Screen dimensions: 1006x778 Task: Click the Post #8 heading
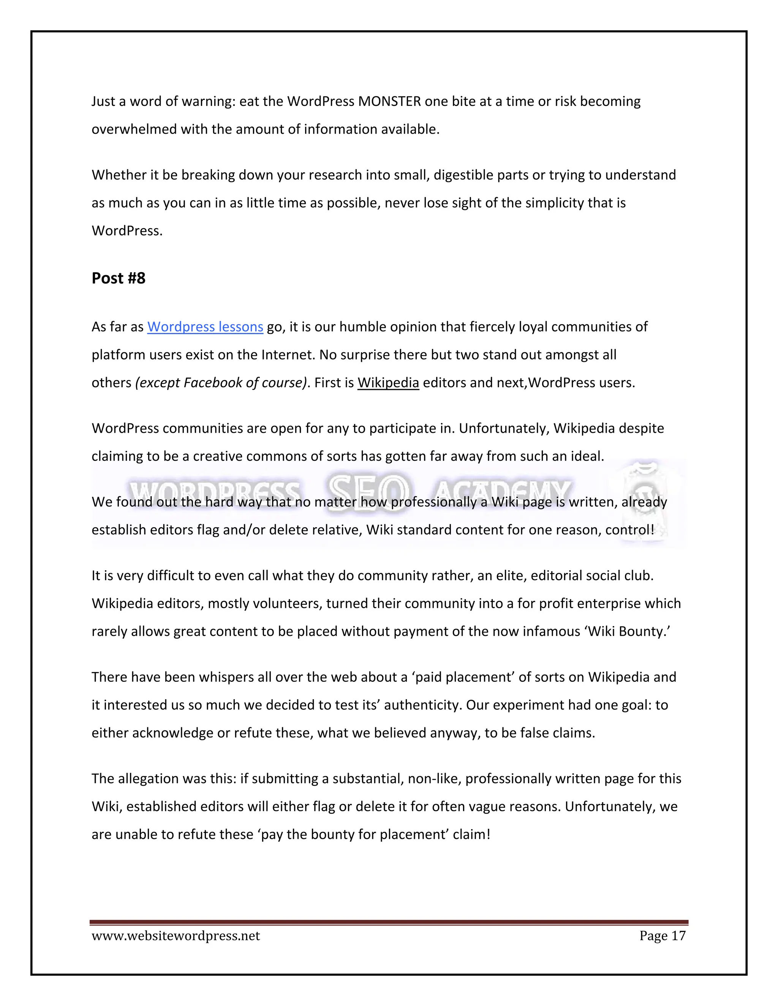[119, 278]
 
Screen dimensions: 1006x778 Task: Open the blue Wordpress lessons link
[205, 326]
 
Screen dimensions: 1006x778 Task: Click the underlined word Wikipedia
[388, 382]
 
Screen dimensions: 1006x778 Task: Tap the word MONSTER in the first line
[389, 101]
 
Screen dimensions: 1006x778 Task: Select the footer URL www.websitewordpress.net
[176, 935]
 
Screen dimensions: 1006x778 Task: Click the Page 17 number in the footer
[662, 935]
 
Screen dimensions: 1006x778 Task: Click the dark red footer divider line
[389, 922]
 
